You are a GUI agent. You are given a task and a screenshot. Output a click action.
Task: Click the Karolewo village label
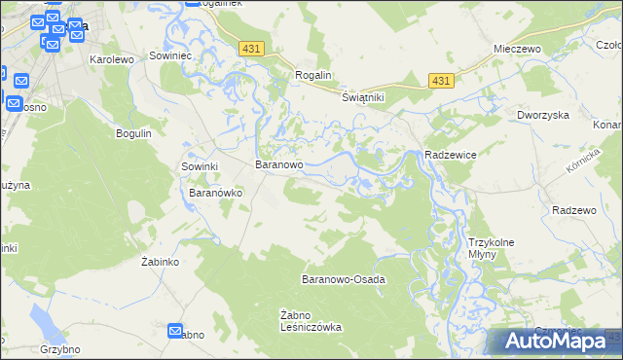pos(110,59)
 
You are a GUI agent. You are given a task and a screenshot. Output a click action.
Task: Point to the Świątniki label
pos(364,98)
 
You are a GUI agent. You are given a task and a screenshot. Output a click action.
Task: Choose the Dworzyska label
pos(542,115)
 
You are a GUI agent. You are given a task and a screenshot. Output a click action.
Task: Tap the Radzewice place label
pos(450,156)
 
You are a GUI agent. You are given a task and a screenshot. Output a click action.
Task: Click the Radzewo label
pos(572,210)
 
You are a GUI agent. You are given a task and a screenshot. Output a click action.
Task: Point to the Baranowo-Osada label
pos(344,279)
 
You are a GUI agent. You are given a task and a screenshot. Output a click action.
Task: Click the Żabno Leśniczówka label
pos(311,320)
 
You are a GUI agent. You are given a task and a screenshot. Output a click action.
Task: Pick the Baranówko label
pos(214,193)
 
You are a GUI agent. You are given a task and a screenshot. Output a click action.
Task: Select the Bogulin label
pos(133,133)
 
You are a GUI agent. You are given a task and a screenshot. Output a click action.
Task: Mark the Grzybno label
pos(59,348)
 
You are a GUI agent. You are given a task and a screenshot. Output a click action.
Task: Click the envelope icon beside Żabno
pos(175,331)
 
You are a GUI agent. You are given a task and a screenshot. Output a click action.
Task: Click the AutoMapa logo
pos(555,342)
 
